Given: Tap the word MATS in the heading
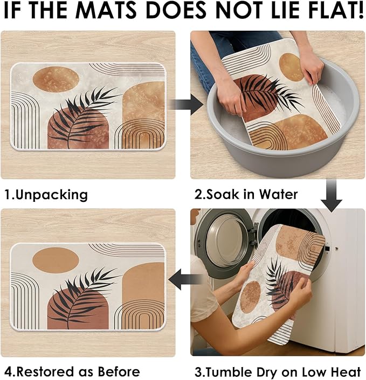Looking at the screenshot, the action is [x=107, y=10].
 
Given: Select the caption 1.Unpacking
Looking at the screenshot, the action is [x=46, y=195].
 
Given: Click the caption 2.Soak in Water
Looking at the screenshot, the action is [x=246, y=194].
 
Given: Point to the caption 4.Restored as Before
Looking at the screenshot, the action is [x=72, y=371].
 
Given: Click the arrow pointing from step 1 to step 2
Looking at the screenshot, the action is [x=186, y=104].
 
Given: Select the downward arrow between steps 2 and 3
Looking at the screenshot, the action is [x=332, y=195].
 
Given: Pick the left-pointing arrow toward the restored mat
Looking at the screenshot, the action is [x=185, y=279].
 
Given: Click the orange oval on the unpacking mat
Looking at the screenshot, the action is [x=56, y=80].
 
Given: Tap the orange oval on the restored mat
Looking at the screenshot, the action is [x=56, y=261].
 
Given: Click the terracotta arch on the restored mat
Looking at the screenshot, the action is [x=78, y=309].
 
